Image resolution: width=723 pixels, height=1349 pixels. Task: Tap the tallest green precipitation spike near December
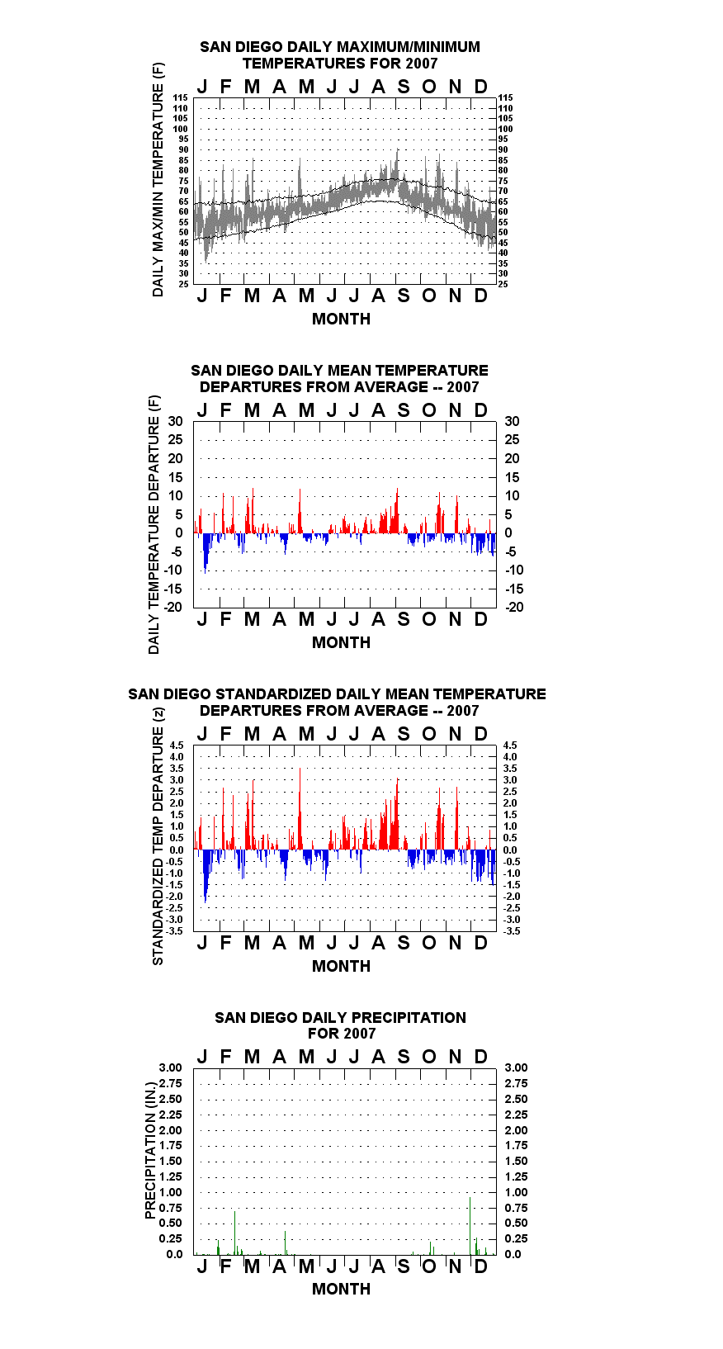tap(470, 1226)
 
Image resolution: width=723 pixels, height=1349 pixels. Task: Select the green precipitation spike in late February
tap(234, 1233)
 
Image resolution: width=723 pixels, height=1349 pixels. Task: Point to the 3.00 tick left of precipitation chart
tap(170, 1067)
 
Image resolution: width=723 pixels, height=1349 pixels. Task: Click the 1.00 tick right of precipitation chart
tap(516, 1192)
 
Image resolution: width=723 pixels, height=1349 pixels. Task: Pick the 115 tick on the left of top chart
tap(181, 97)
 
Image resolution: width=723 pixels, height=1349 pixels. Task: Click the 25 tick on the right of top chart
tap(503, 284)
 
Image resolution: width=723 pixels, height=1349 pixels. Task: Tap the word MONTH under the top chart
tap(342, 319)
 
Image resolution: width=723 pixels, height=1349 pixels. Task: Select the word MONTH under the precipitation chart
tap(342, 1289)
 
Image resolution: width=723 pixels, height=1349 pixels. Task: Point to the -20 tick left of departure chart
tap(173, 607)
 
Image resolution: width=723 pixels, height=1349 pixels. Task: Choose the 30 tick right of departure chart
tap(512, 422)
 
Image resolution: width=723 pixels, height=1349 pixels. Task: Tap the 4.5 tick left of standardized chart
tap(177, 745)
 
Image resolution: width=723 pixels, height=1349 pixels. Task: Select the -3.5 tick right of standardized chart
tap(512, 931)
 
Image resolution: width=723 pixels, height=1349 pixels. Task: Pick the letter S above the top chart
tap(404, 88)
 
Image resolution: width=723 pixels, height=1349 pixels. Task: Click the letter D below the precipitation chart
tap(480, 1266)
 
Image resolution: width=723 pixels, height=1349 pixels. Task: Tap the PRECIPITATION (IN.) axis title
tap(150, 1152)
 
